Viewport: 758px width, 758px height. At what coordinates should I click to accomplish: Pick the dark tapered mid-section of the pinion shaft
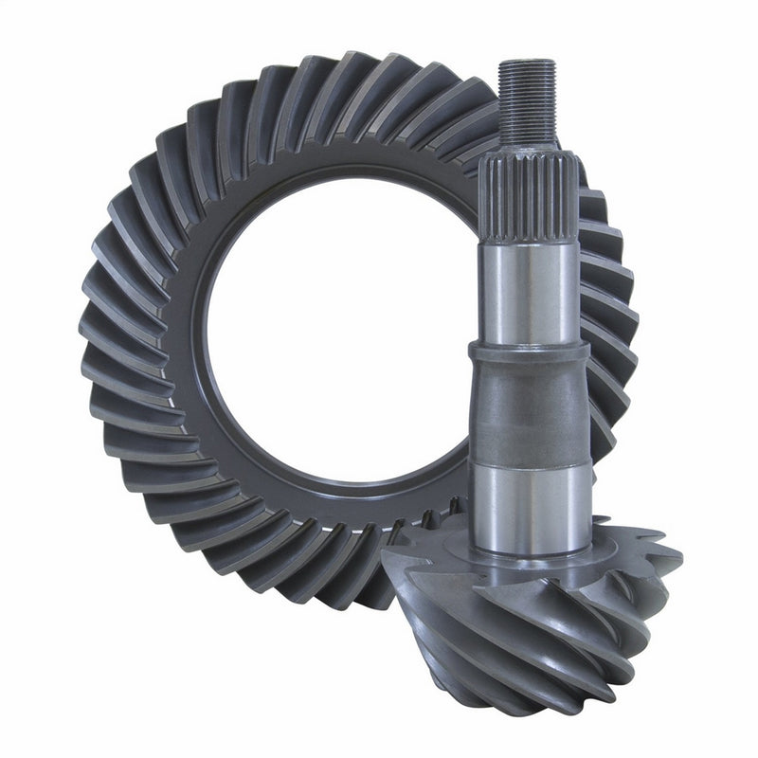[529, 407]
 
